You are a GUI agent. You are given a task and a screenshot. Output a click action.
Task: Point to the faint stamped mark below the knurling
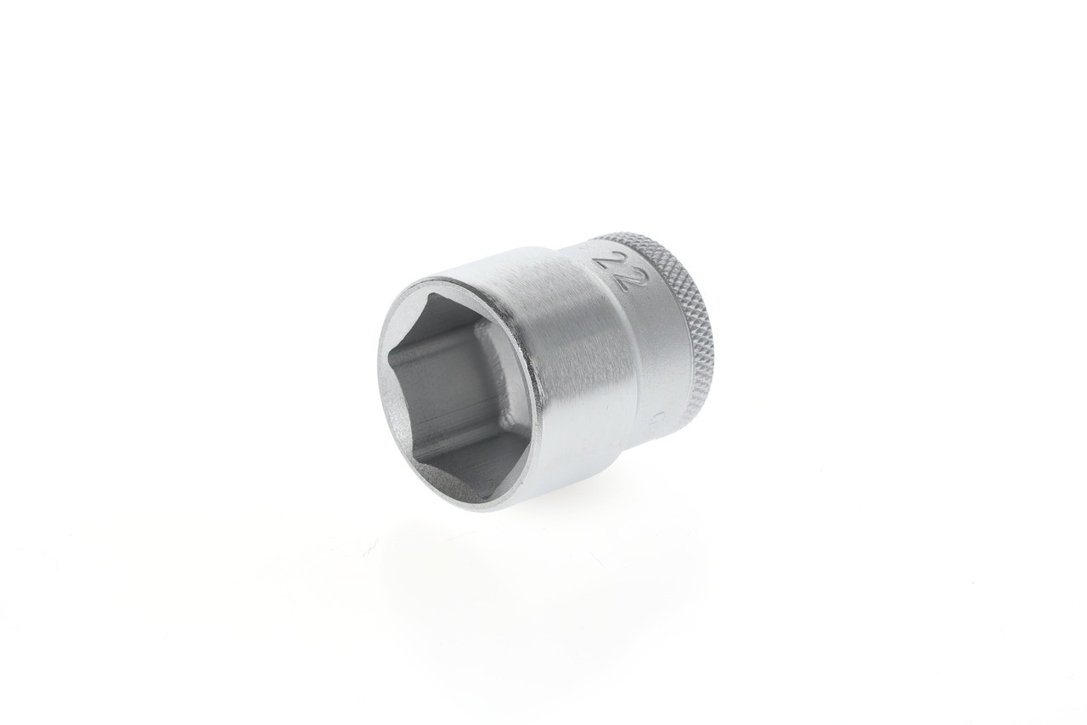pyautogui.click(x=660, y=419)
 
